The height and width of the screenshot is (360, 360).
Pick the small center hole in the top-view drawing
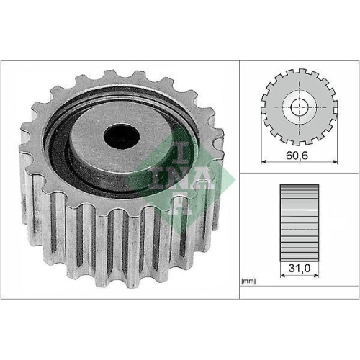[298, 109]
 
